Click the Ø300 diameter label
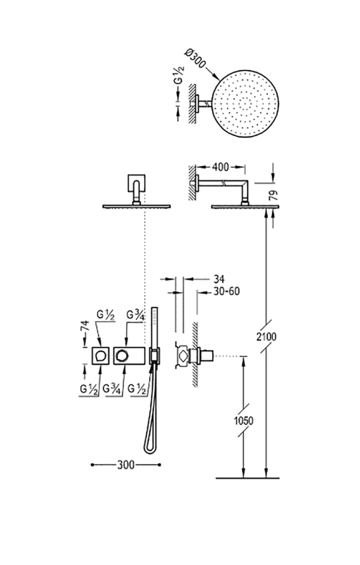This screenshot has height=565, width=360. tap(195, 58)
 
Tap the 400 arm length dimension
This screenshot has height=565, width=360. tap(220, 167)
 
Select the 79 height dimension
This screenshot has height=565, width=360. tap(274, 195)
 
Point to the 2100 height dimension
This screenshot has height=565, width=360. tap(266, 337)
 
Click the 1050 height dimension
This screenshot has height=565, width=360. tap(244, 420)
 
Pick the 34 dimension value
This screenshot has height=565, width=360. tap(219, 279)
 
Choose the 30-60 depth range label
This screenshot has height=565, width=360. tap(226, 291)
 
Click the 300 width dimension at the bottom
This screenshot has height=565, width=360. tap(126, 465)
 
